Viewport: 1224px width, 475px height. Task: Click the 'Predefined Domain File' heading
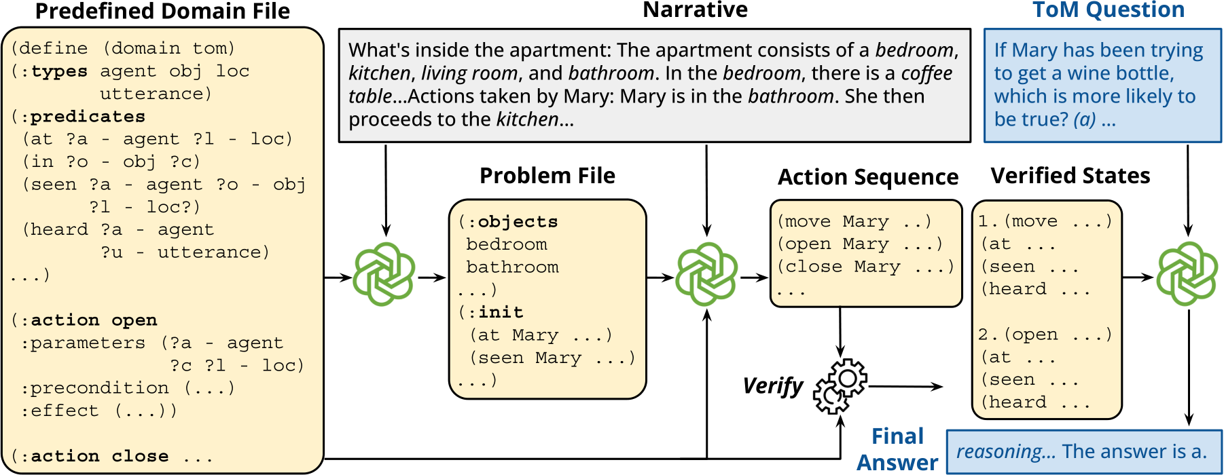[x=162, y=12]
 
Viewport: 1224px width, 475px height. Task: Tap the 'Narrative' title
[x=695, y=9]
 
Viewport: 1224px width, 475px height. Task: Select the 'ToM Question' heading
[x=1109, y=9]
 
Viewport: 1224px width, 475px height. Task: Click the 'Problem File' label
[x=547, y=176]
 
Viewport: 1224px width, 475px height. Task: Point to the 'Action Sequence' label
[x=868, y=177]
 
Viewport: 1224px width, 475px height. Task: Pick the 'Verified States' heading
[x=1070, y=176]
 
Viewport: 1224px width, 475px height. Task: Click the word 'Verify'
[x=773, y=386]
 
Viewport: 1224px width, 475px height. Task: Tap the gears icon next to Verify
[x=840, y=386]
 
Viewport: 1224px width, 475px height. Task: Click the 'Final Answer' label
[x=897, y=449]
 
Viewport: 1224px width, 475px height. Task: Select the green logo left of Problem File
[x=384, y=273]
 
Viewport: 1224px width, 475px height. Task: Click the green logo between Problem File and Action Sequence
[x=706, y=273]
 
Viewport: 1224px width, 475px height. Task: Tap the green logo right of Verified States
[x=1187, y=273]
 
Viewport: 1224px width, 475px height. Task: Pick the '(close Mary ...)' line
[x=866, y=267]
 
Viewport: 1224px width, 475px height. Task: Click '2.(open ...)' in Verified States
[x=1045, y=335]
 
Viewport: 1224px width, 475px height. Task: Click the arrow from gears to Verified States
[x=905, y=387]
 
